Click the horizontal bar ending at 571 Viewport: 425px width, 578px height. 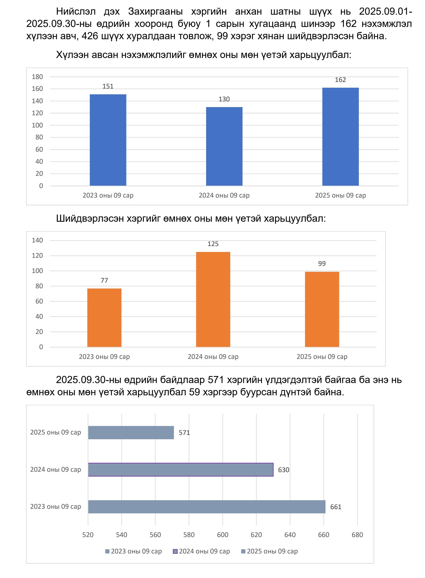tap(131, 432)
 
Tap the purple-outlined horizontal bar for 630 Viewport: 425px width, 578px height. tap(181, 470)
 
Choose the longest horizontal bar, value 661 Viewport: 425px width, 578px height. tap(207, 507)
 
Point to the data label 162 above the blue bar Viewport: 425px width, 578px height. tap(340, 80)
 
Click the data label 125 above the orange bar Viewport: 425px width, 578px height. tap(213, 244)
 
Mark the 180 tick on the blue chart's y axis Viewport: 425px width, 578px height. tap(37, 77)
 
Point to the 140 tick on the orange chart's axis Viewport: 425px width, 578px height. tap(37, 240)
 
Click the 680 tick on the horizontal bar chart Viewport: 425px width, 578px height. tap(357, 535)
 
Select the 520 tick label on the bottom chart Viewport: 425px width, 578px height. tap(88, 535)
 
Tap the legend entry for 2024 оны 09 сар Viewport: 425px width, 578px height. tap(201, 551)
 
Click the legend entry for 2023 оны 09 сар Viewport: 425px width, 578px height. tap(133, 551)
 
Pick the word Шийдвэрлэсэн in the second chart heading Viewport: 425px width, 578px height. tap(90, 219)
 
